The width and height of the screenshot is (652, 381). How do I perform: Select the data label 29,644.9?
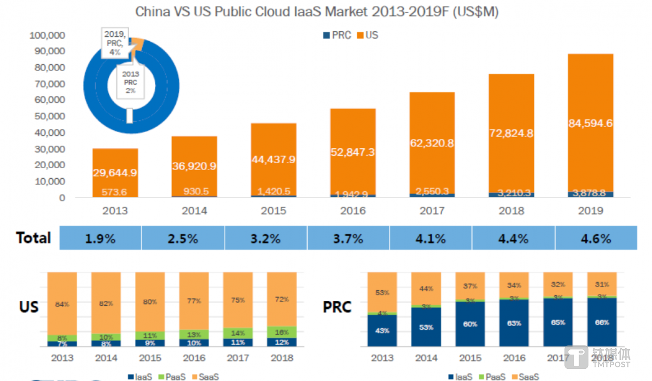115,173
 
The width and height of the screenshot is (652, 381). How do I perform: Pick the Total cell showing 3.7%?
348,238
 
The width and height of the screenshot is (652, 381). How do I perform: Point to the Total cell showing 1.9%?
100,238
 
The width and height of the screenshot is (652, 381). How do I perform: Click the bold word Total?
34,238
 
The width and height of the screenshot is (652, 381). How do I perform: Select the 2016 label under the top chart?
352,211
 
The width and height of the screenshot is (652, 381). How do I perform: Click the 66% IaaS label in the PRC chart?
602,322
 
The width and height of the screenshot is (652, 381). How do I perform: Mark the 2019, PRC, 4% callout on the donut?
115,43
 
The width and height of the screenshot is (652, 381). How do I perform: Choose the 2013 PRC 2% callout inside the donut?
130,82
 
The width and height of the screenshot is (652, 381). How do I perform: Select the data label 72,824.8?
511,133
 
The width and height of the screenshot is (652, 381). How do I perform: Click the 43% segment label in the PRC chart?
382,331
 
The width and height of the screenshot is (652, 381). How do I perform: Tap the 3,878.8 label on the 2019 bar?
590,193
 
